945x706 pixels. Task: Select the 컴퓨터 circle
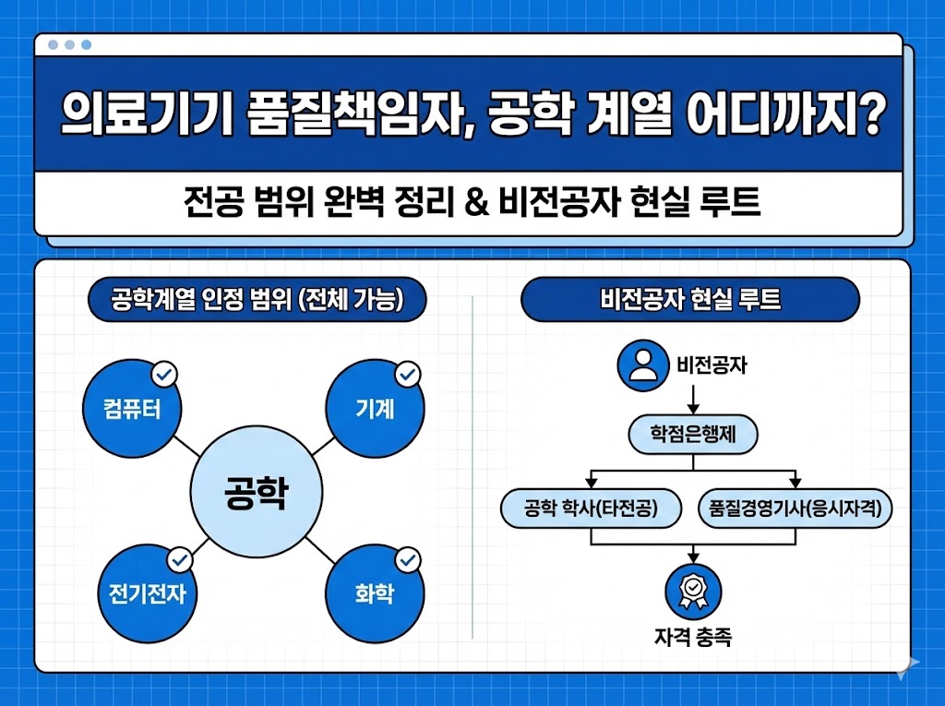point(132,409)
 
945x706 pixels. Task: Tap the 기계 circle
point(376,409)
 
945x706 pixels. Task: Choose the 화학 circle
point(375,592)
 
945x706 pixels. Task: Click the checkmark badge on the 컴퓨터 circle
point(164,375)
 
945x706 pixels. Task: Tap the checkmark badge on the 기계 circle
point(407,375)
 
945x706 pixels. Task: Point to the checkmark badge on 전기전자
point(179,559)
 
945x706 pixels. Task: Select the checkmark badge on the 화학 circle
point(407,559)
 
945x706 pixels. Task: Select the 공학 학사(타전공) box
point(591,509)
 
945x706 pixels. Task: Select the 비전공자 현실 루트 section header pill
point(690,300)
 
